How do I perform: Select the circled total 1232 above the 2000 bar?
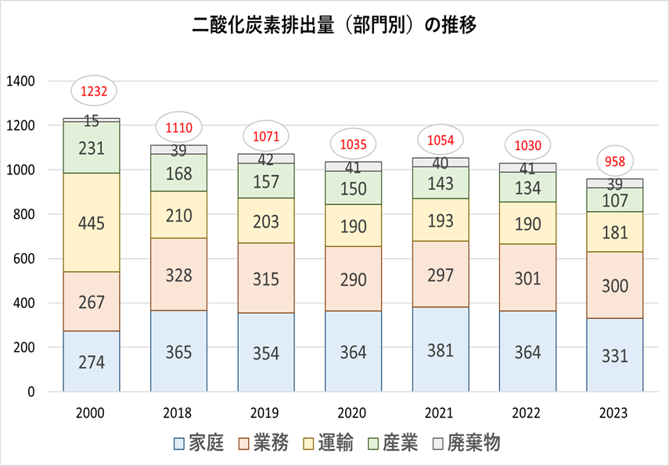pyautogui.click(x=92, y=91)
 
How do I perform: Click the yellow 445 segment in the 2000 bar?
pyautogui.click(x=92, y=222)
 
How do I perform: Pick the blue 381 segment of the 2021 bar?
pyautogui.click(x=441, y=349)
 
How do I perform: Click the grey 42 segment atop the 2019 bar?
pyautogui.click(x=266, y=159)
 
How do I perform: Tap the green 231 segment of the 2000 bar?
pyautogui.click(x=92, y=148)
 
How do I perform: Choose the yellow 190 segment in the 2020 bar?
pyautogui.click(x=353, y=225)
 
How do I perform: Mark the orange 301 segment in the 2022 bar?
pyautogui.click(x=527, y=278)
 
